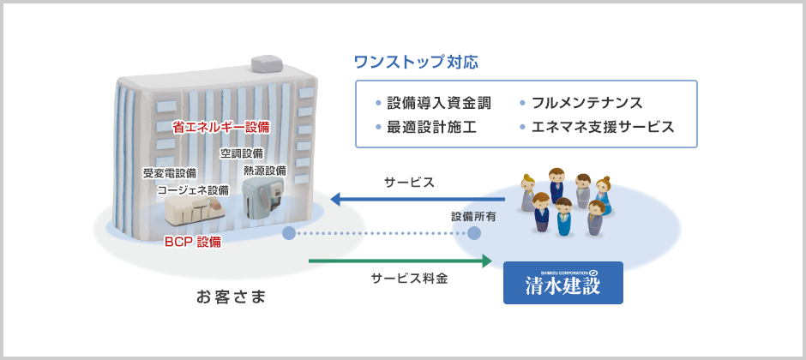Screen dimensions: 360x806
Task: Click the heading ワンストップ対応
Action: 416,63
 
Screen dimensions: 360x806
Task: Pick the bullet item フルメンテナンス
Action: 586,103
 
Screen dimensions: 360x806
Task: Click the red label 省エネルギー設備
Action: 220,127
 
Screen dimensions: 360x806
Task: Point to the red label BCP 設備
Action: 192,242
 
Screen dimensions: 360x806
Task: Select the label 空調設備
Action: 242,153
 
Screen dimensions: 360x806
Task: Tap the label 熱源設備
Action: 265,170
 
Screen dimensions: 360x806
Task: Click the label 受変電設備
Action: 169,173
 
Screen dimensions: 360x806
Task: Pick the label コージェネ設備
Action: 193,190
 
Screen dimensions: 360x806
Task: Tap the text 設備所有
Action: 473,217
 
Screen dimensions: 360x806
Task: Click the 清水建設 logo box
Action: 562,283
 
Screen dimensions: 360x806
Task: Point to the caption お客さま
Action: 231,297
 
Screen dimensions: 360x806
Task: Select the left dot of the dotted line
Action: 289,233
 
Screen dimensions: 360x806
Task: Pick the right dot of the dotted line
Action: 476,233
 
